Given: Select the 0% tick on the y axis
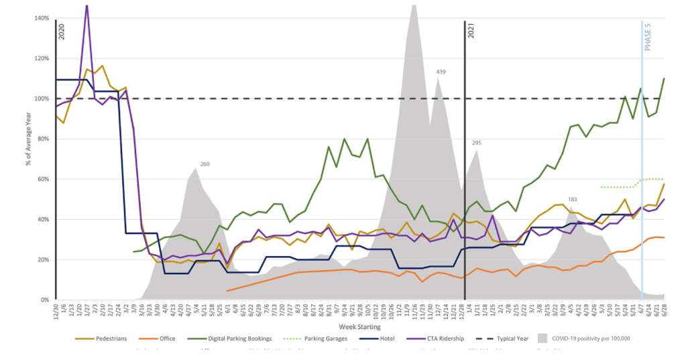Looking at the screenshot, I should [44, 300].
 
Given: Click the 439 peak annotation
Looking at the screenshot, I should [441, 72].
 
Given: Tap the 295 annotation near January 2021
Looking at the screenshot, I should [477, 143].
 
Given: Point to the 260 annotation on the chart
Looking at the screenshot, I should [205, 164].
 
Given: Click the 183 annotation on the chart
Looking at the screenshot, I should [572, 200].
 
